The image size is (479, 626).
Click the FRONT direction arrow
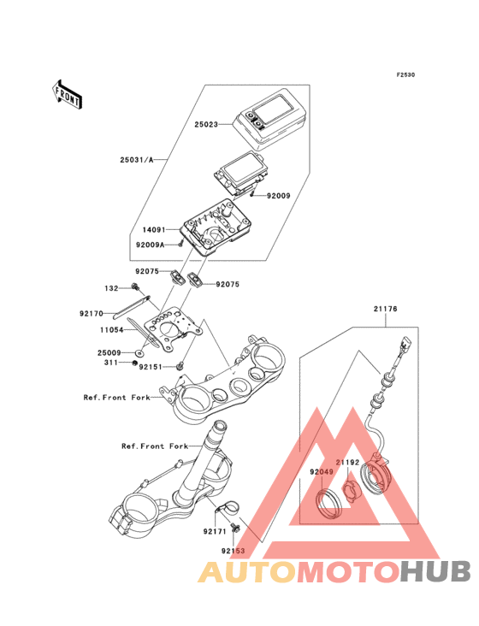coord(67,94)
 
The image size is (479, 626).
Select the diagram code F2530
coord(405,74)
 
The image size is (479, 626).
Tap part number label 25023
coord(206,125)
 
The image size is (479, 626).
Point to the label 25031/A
coord(137,160)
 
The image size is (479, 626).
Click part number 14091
coord(154,230)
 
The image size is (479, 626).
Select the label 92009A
coord(150,245)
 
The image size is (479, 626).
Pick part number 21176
coord(386,309)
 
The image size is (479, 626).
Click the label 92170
coord(92,314)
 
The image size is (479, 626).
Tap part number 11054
coord(112,330)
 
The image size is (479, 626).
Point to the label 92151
coord(151,367)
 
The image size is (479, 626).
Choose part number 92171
coord(215,531)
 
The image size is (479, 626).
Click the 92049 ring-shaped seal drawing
coord(329,504)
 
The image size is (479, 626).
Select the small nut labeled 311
coord(135,363)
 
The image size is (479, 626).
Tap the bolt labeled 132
coord(135,286)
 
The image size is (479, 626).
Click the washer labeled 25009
coord(139,353)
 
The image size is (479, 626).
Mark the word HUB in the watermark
coord(435,571)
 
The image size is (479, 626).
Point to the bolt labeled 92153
coord(234,528)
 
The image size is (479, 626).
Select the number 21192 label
coord(347,463)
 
